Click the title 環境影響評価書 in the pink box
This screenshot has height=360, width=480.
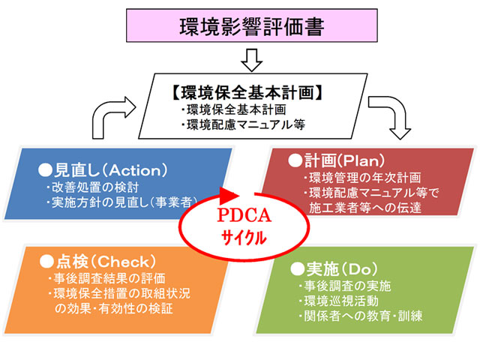(x=252, y=27)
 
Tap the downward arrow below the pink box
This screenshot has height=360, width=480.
(x=252, y=60)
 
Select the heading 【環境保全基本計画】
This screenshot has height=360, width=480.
(x=247, y=92)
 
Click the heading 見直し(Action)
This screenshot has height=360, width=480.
(x=103, y=170)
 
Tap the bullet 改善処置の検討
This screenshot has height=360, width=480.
(x=93, y=187)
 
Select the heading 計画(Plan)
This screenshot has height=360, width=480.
(x=337, y=160)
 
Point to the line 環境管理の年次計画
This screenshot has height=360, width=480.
(x=362, y=178)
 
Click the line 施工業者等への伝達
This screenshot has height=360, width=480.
(x=365, y=208)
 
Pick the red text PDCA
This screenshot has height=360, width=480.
(x=244, y=215)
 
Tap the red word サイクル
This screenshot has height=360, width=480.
(x=244, y=237)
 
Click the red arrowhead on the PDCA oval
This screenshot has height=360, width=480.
(x=228, y=195)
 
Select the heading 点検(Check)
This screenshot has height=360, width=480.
(x=98, y=262)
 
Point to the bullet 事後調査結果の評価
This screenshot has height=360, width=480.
(x=106, y=278)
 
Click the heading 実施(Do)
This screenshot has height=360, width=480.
(x=334, y=268)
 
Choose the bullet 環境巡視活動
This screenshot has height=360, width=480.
(x=338, y=301)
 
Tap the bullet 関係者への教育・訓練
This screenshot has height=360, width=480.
(x=361, y=316)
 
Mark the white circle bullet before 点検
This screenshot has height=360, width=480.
(x=46, y=262)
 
